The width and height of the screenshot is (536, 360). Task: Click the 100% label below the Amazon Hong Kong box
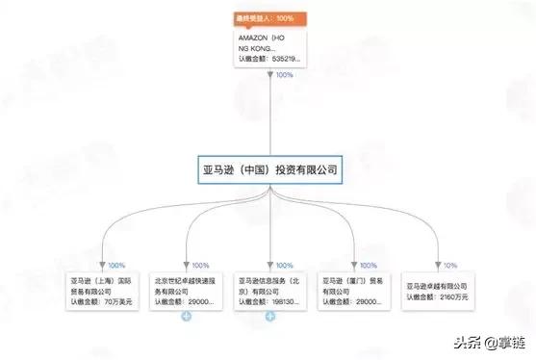point(285,75)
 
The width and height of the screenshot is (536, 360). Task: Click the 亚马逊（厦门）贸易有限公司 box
point(351,290)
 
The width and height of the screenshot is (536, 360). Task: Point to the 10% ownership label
point(449,265)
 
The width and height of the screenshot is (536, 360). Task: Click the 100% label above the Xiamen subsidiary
point(369,265)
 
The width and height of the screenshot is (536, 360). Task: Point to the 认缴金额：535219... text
point(269,59)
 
